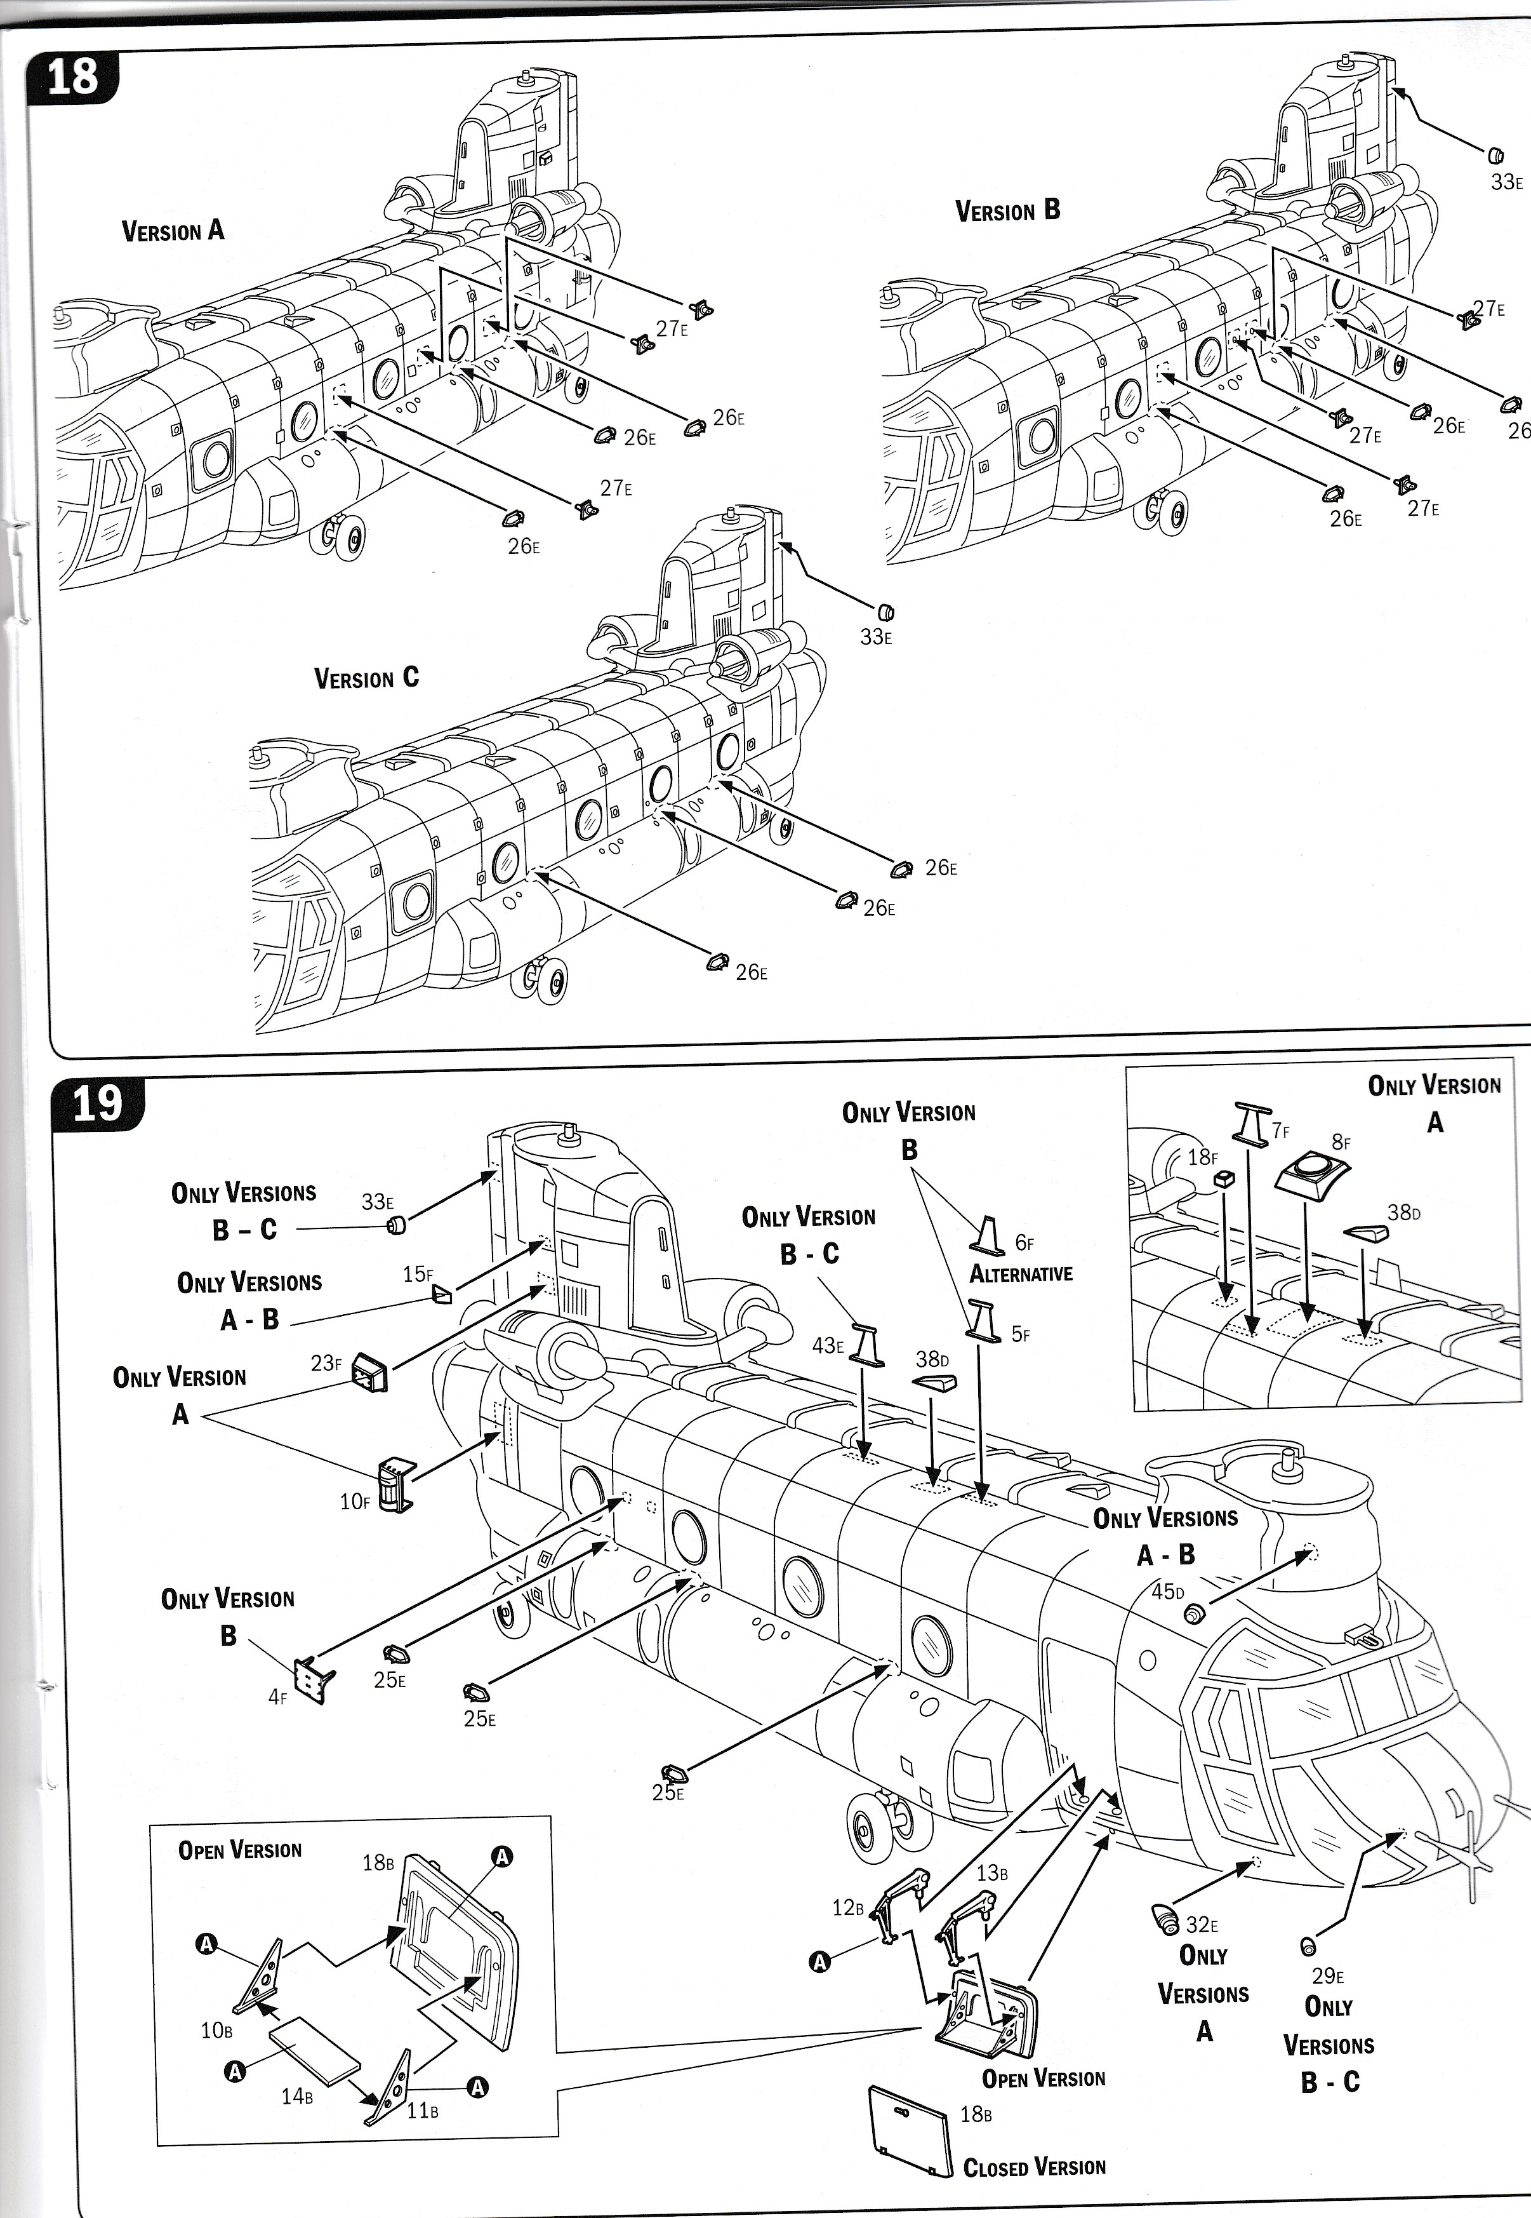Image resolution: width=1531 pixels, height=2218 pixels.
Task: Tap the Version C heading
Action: (366, 678)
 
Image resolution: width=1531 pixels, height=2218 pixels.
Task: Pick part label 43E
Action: (828, 1345)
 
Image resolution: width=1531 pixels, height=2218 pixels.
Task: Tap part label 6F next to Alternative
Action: (1024, 1243)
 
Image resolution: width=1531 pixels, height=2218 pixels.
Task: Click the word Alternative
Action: (1021, 1274)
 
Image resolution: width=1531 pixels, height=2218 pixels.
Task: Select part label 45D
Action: (1167, 1591)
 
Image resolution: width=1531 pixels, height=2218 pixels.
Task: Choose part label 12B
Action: (848, 1907)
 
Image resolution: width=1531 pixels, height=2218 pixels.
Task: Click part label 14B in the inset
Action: (297, 2096)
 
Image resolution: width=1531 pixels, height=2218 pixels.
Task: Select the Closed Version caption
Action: (1034, 2167)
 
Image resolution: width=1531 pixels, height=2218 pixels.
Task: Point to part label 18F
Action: (1202, 1157)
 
